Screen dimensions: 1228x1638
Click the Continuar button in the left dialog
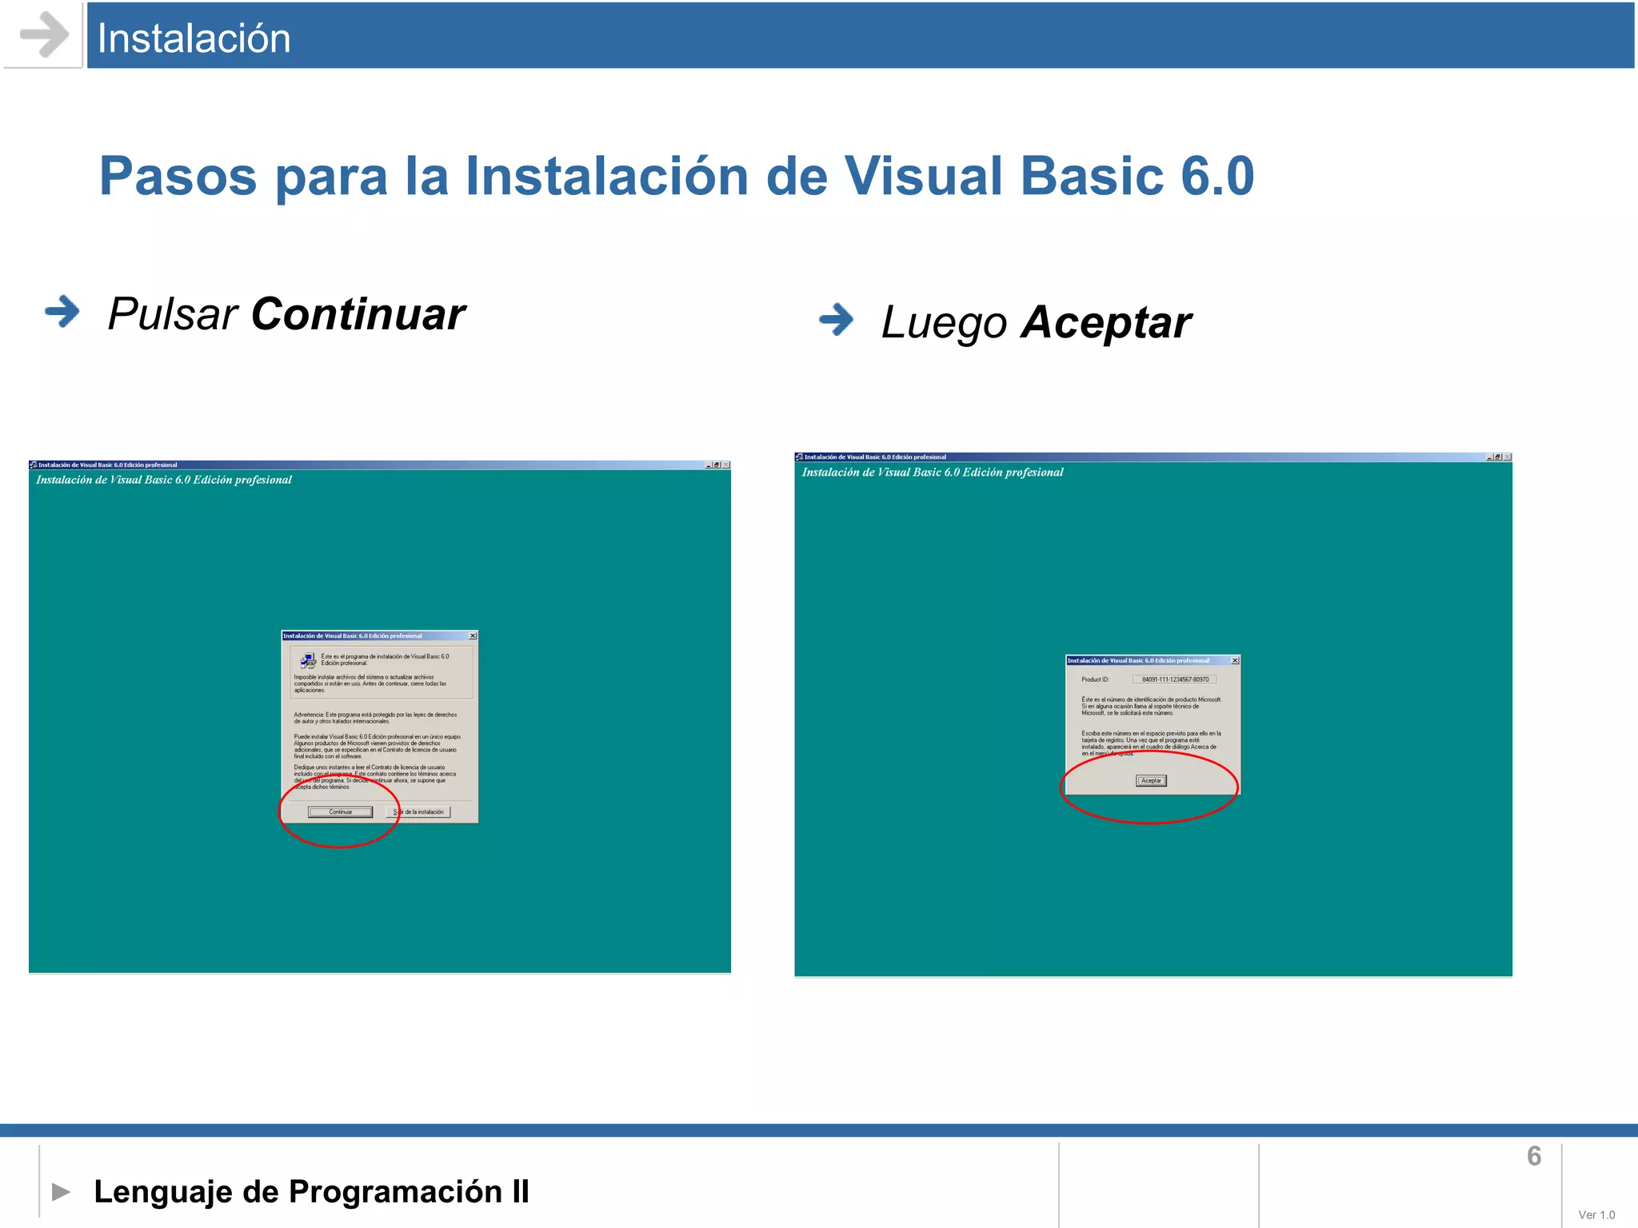click(x=341, y=812)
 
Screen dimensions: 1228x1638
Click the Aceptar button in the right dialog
click(x=1151, y=781)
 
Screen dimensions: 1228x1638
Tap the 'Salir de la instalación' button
click(x=419, y=812)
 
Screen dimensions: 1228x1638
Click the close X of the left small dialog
click(x=473, y=636)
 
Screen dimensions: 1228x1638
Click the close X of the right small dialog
click(x=1235, y=660)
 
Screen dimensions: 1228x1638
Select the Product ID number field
click(x=1175, y=680)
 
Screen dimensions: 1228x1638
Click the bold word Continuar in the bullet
click(x=358, y=314)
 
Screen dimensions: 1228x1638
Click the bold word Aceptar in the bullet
click(x=1106, y=323)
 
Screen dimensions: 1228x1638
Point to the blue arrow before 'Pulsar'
click(x=62, y=312)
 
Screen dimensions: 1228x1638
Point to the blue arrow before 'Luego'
click(x=837, y=320)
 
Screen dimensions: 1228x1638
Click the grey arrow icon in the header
click(x=43, y=35)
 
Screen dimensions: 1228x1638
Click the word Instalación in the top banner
click(x=194, y=38)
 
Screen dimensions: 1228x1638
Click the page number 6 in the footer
click(x=1533, y=1156)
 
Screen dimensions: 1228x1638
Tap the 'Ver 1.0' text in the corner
click(x=1596, y=1214)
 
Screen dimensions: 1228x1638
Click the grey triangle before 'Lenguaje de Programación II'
click(x=61, y=1192)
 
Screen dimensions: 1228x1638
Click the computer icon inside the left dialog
click(x=308, y=661)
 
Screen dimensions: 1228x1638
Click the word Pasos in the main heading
click(x=178, y=176)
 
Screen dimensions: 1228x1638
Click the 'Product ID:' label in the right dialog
click(x=1095, y=680)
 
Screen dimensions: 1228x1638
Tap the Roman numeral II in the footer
click(x=521, y=1192)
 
